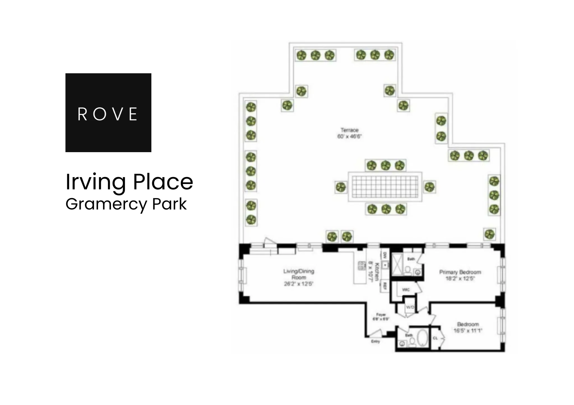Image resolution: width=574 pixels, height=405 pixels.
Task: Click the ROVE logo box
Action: point(108,112)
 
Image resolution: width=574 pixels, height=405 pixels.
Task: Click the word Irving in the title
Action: point(95,182)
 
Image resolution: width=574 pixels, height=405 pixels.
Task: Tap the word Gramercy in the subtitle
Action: point(106,204)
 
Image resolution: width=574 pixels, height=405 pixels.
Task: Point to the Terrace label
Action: point(350,130)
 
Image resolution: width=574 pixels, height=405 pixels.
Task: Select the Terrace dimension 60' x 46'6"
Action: point(350,137)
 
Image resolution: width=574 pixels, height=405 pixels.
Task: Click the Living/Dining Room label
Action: point(298,274)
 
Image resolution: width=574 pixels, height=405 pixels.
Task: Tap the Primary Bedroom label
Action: point(460,272)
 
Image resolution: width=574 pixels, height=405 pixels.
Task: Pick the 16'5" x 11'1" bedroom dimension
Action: point(468,331)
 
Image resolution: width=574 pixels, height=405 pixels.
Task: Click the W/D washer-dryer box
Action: point(410,307)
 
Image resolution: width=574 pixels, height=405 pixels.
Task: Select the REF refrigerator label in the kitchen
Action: point(385,286)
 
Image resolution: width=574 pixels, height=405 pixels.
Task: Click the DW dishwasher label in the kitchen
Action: point(385,255)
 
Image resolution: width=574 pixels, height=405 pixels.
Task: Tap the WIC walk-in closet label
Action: point(406,290)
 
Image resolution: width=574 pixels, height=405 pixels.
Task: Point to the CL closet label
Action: point(435,338)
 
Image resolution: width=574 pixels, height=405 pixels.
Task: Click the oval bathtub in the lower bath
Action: point(422,338)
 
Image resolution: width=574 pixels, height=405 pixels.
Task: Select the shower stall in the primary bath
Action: point(397,265)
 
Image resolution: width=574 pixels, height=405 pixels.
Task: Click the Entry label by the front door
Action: point(375,342)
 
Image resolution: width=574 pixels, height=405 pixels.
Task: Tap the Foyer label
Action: point(381,315)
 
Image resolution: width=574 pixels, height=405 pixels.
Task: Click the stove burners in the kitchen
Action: point(362,265)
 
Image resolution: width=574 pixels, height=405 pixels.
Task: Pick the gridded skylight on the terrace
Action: point(385,187)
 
